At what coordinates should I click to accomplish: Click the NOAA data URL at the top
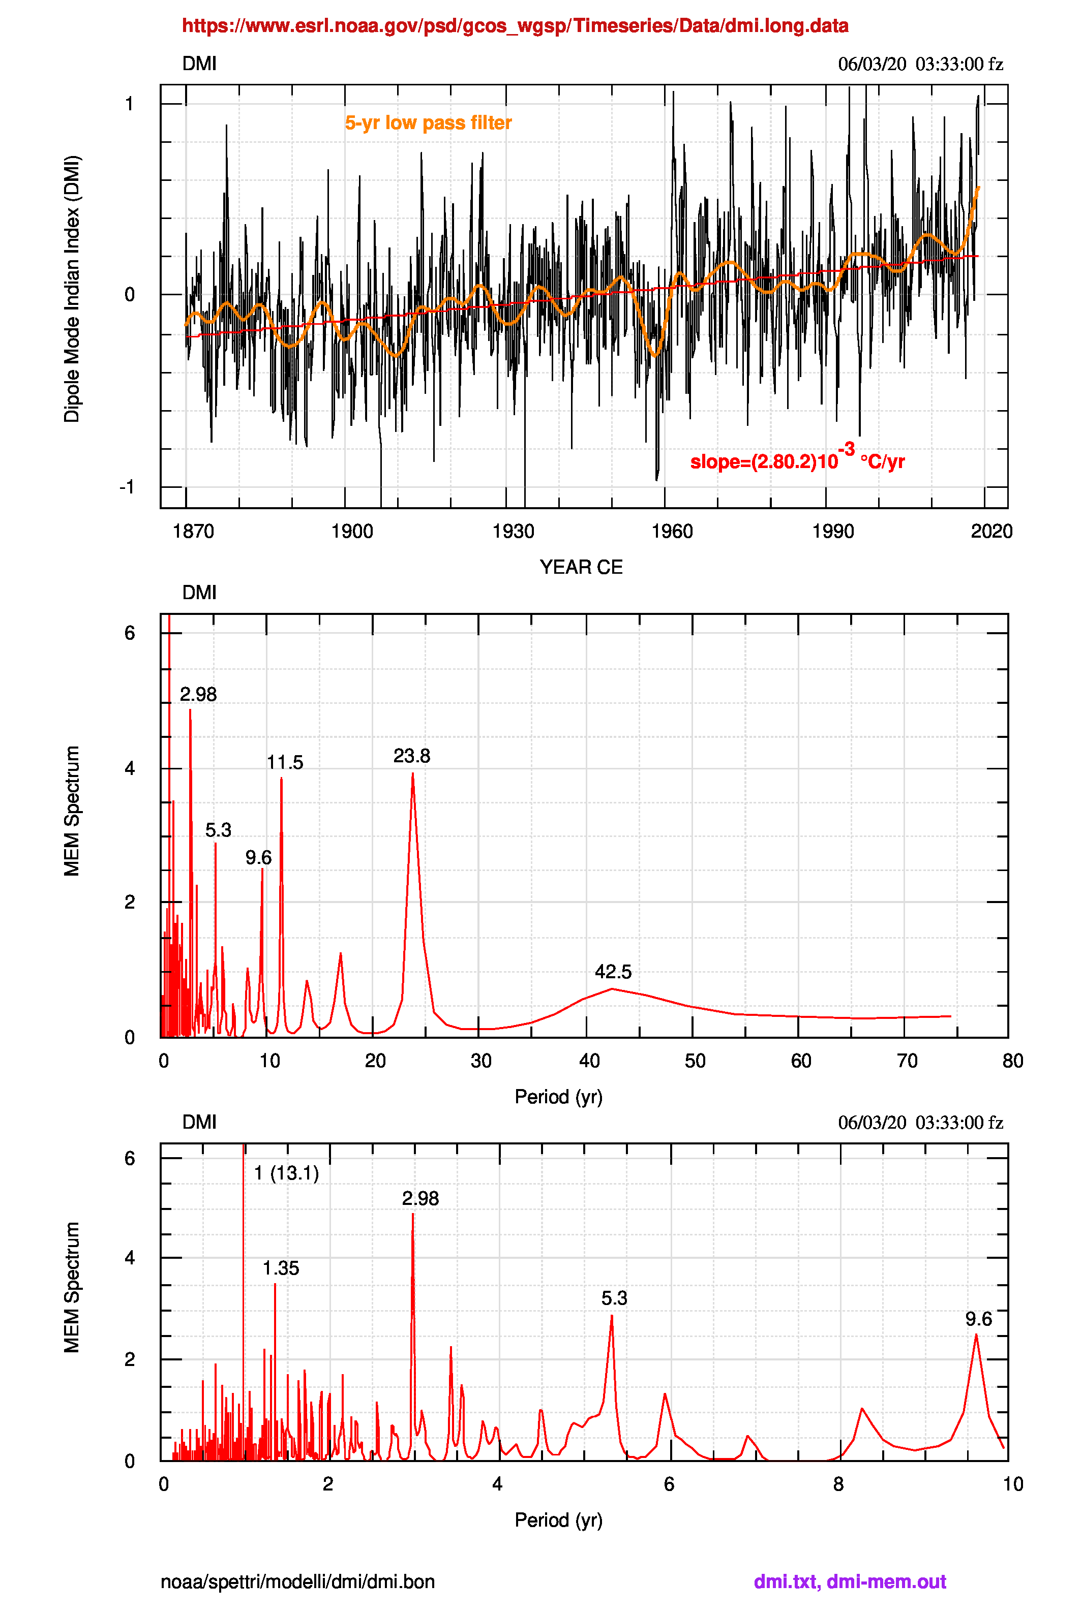pyautogui.click(x=515, y=26)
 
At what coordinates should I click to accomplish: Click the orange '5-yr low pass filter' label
pyautogui.click(x=428, y=123)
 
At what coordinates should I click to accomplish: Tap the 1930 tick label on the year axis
pyautogui.click(x=513, y=531)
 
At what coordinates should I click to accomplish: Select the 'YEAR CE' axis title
pyautogui.click(x=581, y=567)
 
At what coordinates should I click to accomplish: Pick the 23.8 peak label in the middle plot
pyautogui.click(x=411, y=756)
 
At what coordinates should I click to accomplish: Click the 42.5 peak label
pyautogui.click(x=613, y=972)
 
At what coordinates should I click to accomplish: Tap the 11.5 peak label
pyautogui.click(x=285, y=762)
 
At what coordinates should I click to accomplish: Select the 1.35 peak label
pyautogui.click(x=281, y=1268)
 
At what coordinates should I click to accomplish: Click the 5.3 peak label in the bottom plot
pyautogui.click(x=614, y=1298)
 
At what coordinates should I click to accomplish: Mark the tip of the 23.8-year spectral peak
pyautogui.click(x=413, y=774)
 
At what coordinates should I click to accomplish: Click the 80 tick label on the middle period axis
pyautogui.click(x=1012, y=1061)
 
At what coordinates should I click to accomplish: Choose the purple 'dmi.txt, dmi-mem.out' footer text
pyautogui.click(x=850, y=1581)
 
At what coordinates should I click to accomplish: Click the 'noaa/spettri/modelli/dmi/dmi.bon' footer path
pyautogui.click(x=297, y=1581)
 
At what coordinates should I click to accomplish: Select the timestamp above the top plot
pyautogui.click(x=920, y=64)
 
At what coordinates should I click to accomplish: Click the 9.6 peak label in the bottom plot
pyautogui.click(x=978, y=1319)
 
